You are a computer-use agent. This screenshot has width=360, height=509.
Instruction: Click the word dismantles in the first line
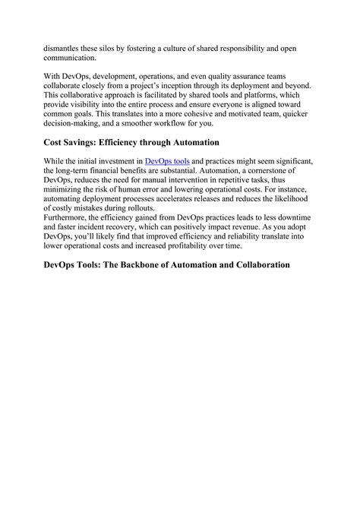tap(64, 48)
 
